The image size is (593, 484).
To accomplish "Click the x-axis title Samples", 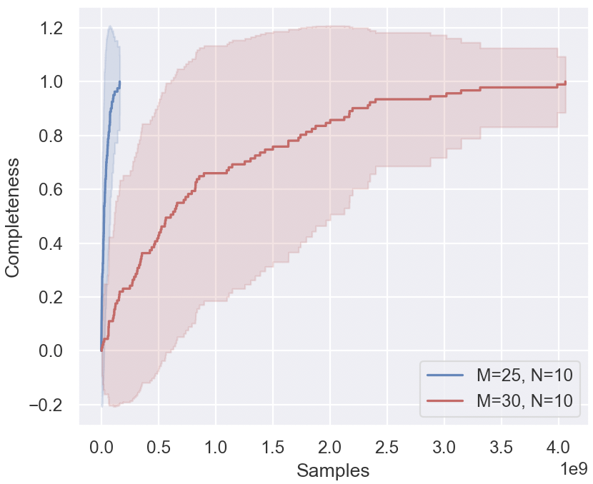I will click(333, 470).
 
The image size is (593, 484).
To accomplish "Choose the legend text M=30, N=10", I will click(524, 401).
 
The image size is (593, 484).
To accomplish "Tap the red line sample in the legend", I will click(445, 401).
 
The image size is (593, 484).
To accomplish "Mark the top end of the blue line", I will click(119, 81).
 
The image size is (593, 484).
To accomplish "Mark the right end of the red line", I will click(566, 82).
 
